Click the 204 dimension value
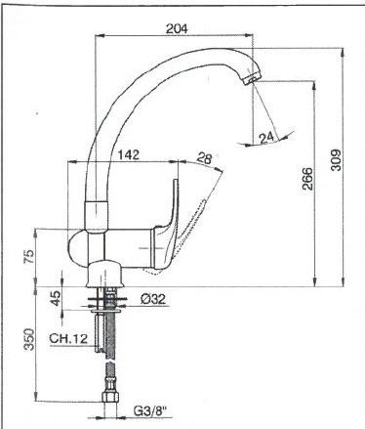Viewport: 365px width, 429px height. (x=177, y=28)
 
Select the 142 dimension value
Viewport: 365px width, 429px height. (x=128, y=154)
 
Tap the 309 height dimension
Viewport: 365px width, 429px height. (x=335, y=160)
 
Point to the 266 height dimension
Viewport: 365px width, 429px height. (x=307, y=179)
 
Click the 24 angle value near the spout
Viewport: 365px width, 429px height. (x=266, y=139)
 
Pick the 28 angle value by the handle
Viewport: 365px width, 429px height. (x=205, y=158)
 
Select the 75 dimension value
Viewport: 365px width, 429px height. (x=28, y=256)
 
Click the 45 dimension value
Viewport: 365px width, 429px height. (x=56, y=298)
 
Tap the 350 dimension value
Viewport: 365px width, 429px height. (x=28, y=340)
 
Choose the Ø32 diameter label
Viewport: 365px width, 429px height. (x=154, y=299)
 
